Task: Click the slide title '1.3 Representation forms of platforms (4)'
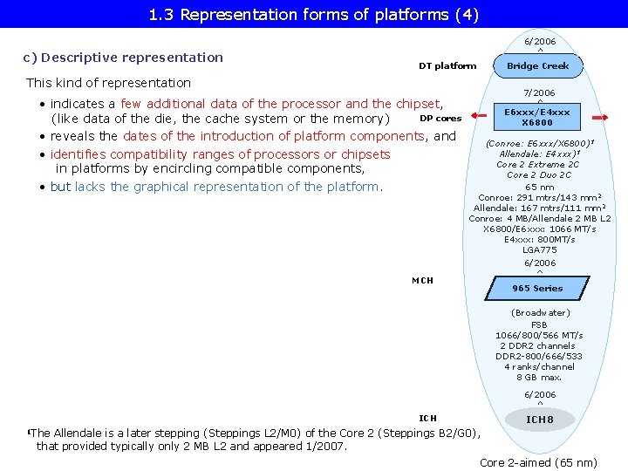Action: click(313, 14)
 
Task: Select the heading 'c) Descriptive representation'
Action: click(123, 58)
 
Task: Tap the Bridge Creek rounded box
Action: click(538, 65)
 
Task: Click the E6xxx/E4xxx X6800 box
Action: click(537, 117)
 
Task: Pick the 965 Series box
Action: click(537, 288)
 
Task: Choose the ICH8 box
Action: click(539, 420)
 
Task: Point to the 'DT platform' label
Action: click(447, 65)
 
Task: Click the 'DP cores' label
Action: click(440, 118)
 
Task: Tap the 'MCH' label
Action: click(422, 280)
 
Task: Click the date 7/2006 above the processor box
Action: click(539, 92)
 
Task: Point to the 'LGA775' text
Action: click(539, 250)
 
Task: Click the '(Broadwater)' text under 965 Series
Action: click(540, 312)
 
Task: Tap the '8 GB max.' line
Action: click(539, 377)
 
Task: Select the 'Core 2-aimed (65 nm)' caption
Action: click(538, 462)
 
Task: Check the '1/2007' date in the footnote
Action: click(325, 446)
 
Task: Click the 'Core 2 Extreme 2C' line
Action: click(537, 164)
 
